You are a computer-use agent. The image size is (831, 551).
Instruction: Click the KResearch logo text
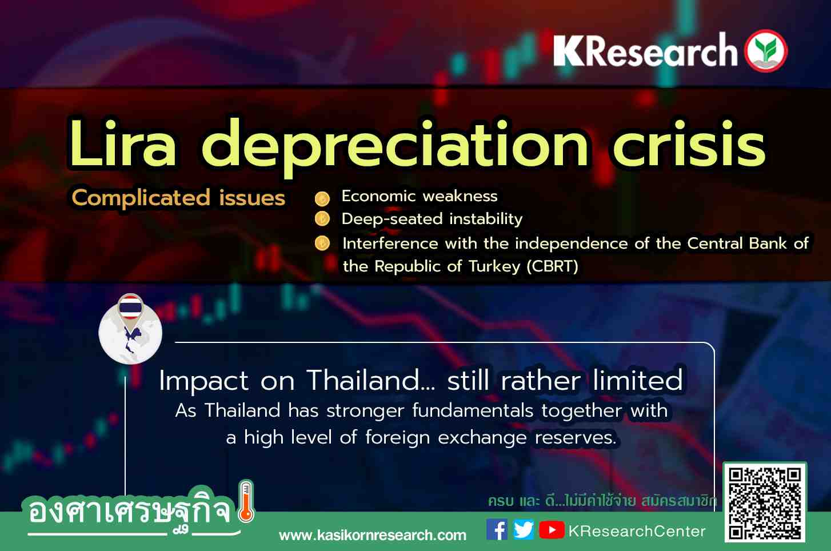pos(645,50)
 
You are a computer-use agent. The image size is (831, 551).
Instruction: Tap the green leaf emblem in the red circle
pos(766,50)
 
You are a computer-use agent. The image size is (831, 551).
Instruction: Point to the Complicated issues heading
pos(178,198)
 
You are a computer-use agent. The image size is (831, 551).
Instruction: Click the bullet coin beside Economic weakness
pos(322,199)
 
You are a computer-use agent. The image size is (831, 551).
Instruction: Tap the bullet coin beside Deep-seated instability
pos(322,219)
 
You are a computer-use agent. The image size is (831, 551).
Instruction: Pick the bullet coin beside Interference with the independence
pos(322,243)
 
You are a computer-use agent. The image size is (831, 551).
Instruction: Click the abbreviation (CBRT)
pos(553,266)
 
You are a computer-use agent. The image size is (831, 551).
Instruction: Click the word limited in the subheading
pos(637,380)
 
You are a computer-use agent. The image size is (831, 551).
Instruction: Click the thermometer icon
pos(246,502)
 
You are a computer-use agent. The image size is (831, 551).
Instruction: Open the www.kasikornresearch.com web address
pos(373,536)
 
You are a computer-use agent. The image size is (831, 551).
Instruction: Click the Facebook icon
pos(497,530)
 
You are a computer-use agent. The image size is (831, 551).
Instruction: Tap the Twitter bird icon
pos(524,530)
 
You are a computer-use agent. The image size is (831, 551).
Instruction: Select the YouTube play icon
pos(552,530)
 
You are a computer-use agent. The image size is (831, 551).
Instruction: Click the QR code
pos(765,502)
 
